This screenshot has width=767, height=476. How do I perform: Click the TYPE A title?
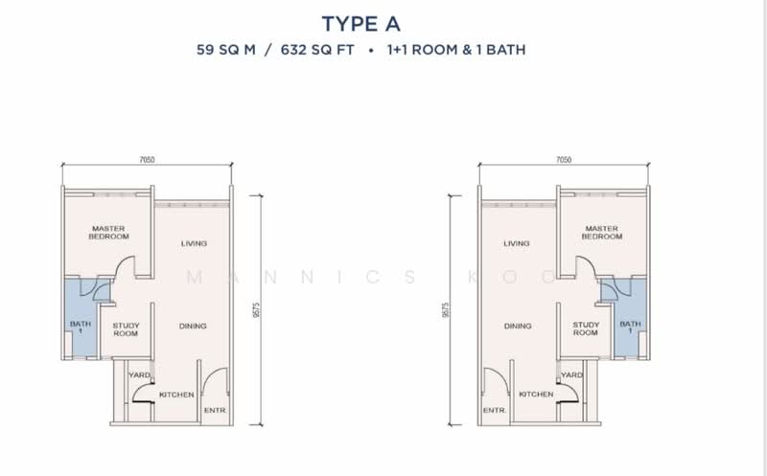[361, 24]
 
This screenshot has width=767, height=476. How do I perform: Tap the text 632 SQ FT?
[317, 50]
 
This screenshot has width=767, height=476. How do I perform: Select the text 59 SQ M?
[226, 50]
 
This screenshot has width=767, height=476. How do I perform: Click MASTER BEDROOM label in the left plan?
[108, 232]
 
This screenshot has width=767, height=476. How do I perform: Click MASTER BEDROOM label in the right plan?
[602, 232]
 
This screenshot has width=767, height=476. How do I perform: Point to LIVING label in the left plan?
[194, 243]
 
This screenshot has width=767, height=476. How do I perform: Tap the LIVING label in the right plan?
[517, 243]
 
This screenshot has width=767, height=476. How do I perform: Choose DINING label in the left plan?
[193, 326]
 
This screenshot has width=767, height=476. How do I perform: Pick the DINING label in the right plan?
[518, 326]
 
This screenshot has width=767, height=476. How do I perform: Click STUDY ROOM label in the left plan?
[126, 329]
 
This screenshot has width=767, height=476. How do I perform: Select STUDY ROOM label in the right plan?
[586, 329]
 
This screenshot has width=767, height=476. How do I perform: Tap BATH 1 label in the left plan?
[81, 327]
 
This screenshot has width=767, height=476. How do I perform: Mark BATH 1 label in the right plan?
[630, 327]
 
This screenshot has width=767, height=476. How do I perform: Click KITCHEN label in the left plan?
[176, 395]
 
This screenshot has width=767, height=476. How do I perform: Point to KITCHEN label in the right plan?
[536, 394]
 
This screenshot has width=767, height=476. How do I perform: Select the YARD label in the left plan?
[139, 374]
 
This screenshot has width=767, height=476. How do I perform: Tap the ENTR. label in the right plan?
[495, 411]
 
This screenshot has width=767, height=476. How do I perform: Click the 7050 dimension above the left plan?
[147, 160]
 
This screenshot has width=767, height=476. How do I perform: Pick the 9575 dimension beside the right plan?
[445, 310]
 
